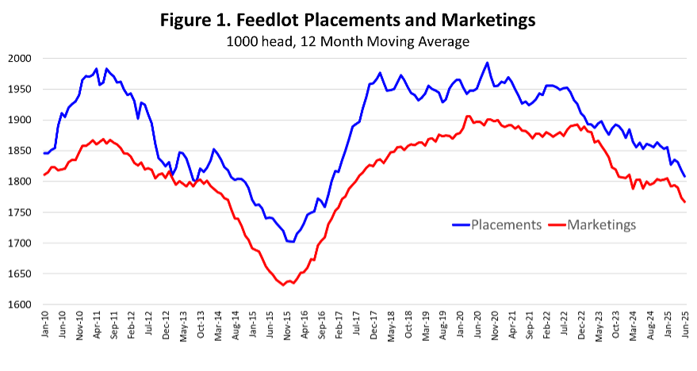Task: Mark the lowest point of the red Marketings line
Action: pyautogui.click(x=284, y=285)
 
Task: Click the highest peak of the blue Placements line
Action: pyautogui.click(x=487, y=63)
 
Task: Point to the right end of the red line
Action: pyautogui.click(x=685, y=202)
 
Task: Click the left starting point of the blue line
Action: pyautogui.click(x=44, y=153)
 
